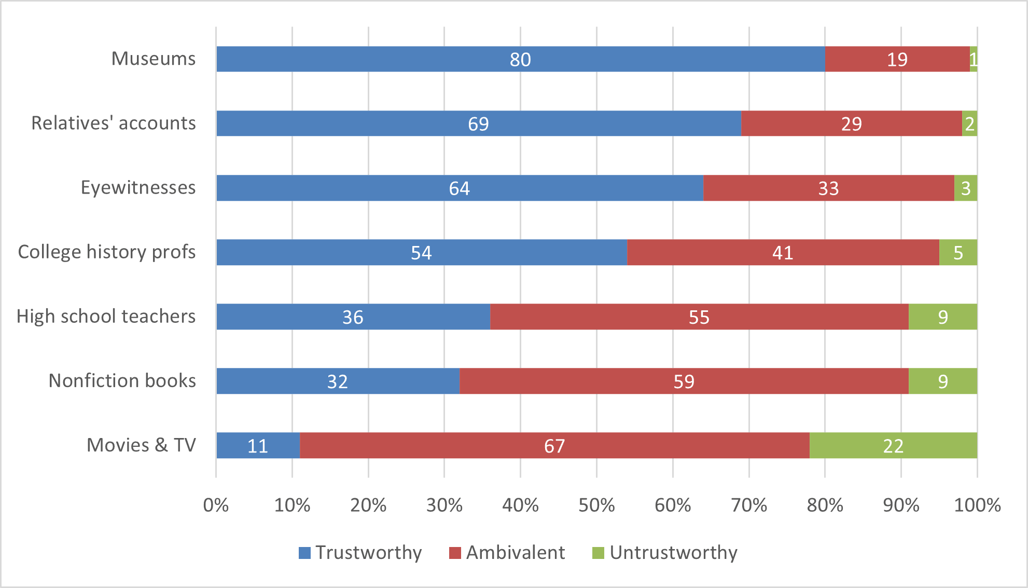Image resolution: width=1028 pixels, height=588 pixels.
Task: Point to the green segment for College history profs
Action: tap(958, 252)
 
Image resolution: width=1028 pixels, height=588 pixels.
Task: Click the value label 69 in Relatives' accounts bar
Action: tap(478, 124)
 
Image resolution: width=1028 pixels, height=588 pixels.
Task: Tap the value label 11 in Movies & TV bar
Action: tap(257, 446)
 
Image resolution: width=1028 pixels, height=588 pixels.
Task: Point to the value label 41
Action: tap(782, 253)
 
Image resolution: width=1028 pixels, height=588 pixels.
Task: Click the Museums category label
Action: tap(154, 59)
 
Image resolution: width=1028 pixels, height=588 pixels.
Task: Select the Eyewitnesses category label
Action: tap(138, 187)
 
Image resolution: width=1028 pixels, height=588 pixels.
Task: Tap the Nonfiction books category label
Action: tap(122, 380)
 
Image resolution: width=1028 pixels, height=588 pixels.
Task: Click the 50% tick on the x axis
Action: tap(596, 505)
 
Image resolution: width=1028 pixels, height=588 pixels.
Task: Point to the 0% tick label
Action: tap(216, 505)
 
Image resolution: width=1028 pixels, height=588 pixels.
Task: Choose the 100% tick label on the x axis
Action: tap(977, 505)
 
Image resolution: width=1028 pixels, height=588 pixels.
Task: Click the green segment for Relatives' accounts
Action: tap(969, 124)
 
